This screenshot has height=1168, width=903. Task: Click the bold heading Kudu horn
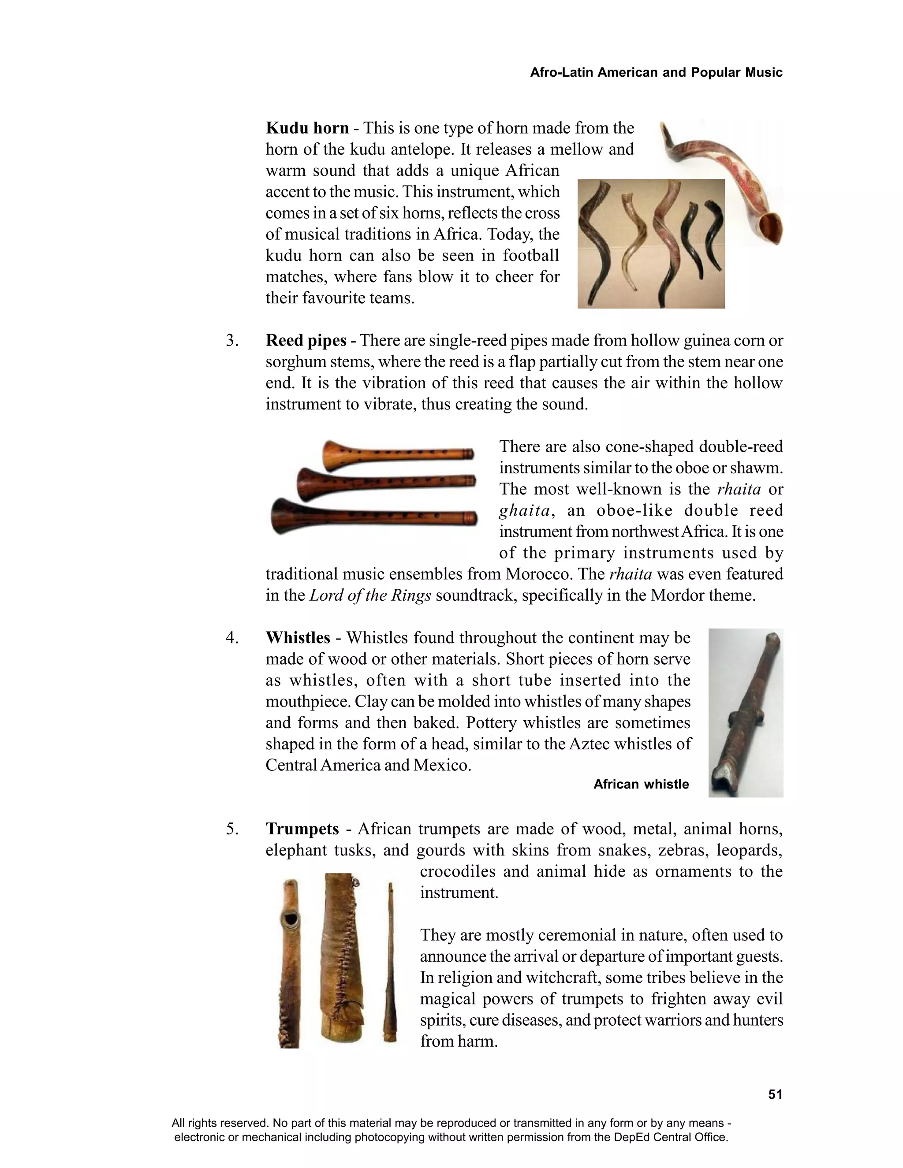307,128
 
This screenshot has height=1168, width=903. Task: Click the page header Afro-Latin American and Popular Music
656,73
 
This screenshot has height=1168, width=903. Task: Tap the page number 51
775,1095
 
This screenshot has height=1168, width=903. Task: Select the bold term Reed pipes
306,341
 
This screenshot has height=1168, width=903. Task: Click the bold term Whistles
298,638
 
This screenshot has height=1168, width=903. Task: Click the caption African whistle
641,785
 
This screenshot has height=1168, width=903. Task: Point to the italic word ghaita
524,511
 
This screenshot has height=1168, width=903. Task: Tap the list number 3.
232,341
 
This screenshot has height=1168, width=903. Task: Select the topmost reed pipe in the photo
399,454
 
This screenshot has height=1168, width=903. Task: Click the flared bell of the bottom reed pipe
284,516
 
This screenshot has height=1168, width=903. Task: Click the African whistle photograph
745,713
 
